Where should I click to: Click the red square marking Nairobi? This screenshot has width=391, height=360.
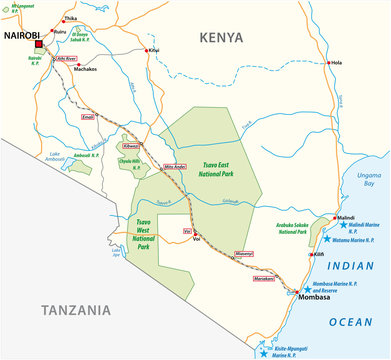click(x=39, y=45)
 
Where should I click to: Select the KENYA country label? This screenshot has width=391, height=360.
click(x=221, y=37)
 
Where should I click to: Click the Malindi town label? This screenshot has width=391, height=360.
click(x=345, y=217)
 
